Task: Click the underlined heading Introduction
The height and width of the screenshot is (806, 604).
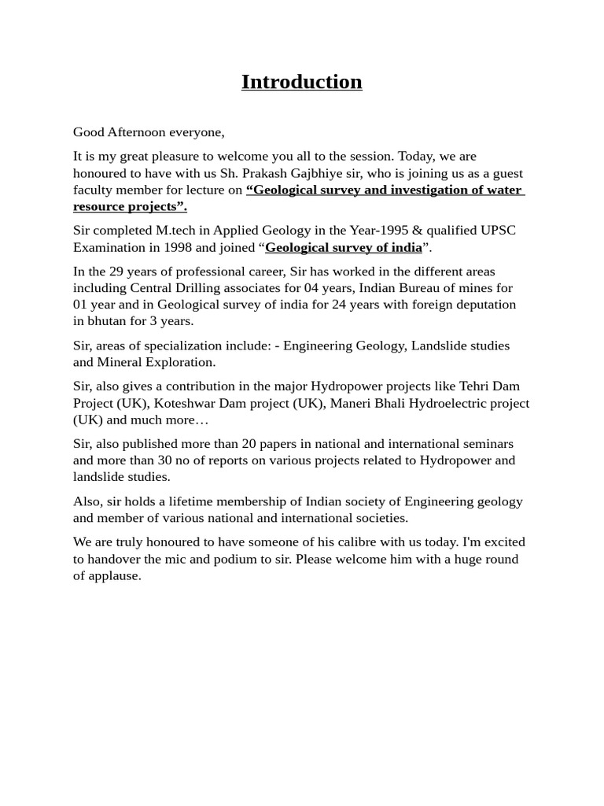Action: tap(301, 82)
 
